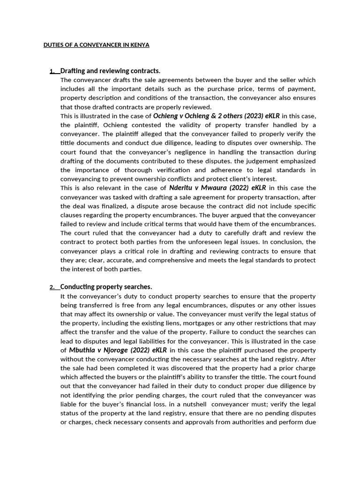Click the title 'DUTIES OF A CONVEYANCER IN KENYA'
(x=96, y=45)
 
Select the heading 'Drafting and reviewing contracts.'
(x=110, y=71)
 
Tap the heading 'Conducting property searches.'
(x=106, y=287)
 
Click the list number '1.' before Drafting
(x=53, y=71)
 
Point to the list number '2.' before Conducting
(x=53, y=287)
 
